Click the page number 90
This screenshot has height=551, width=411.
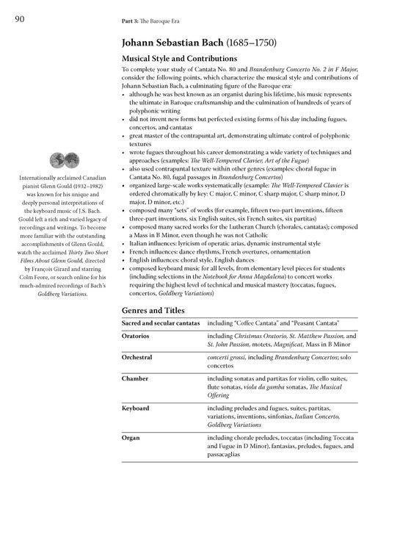click(19, 19)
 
